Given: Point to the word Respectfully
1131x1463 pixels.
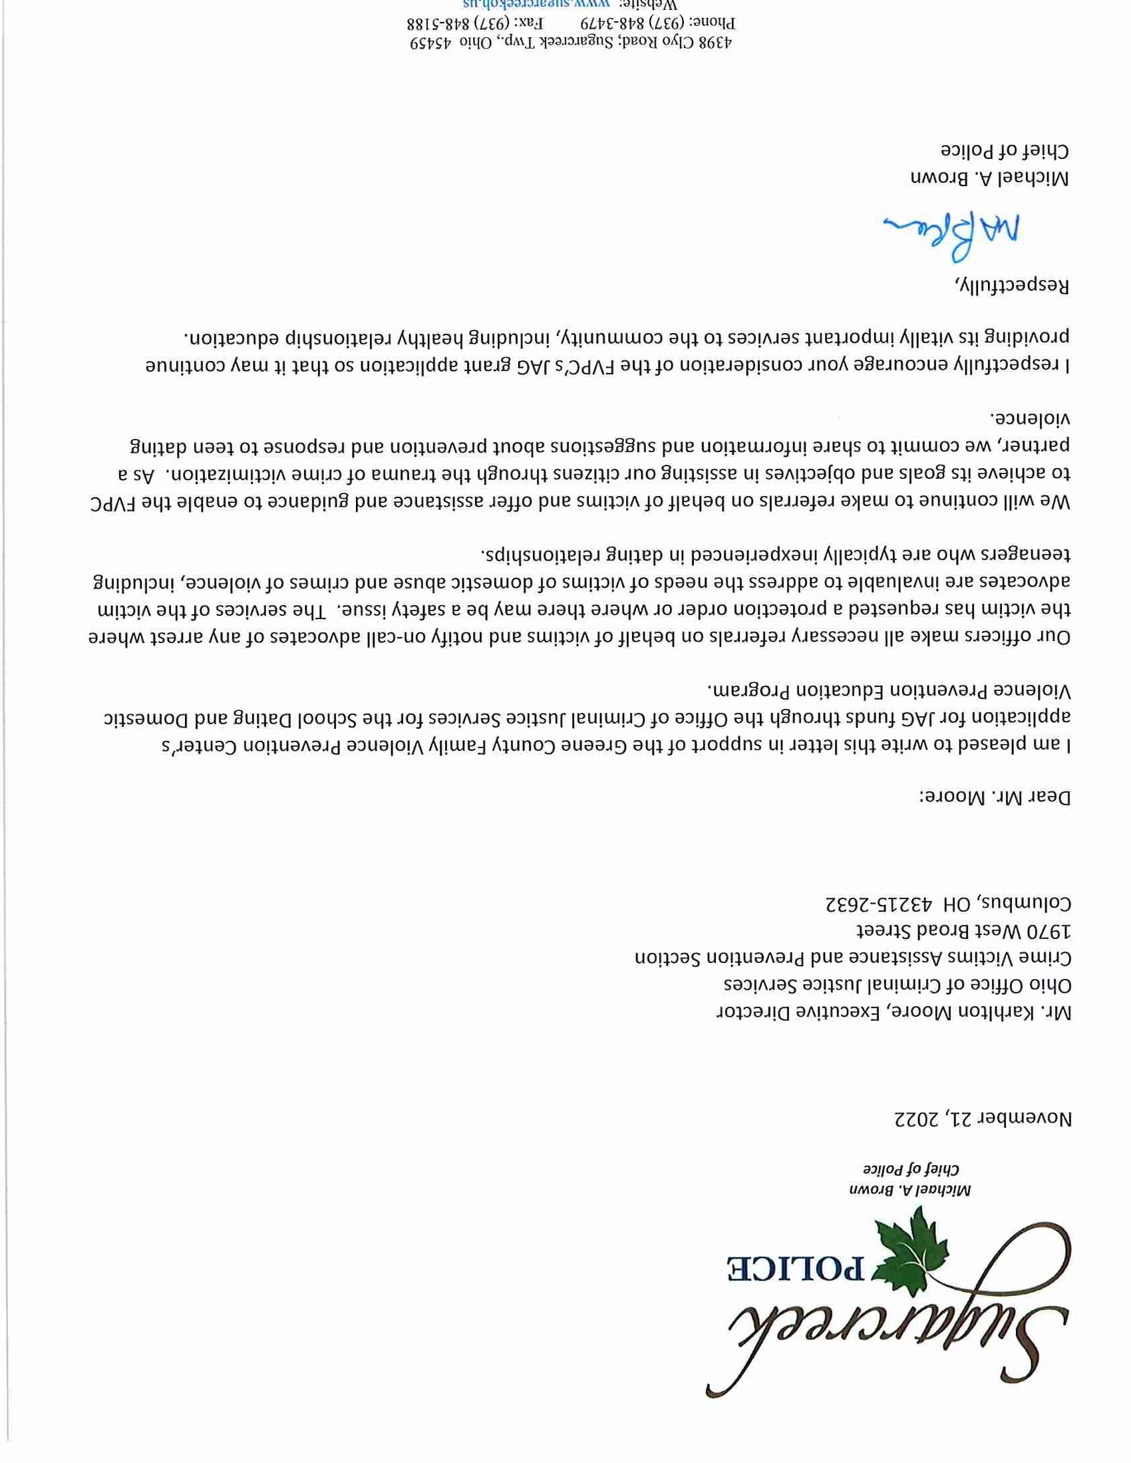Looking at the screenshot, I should point(1011,286).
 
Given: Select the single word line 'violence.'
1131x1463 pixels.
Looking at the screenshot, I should point(1033,418).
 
